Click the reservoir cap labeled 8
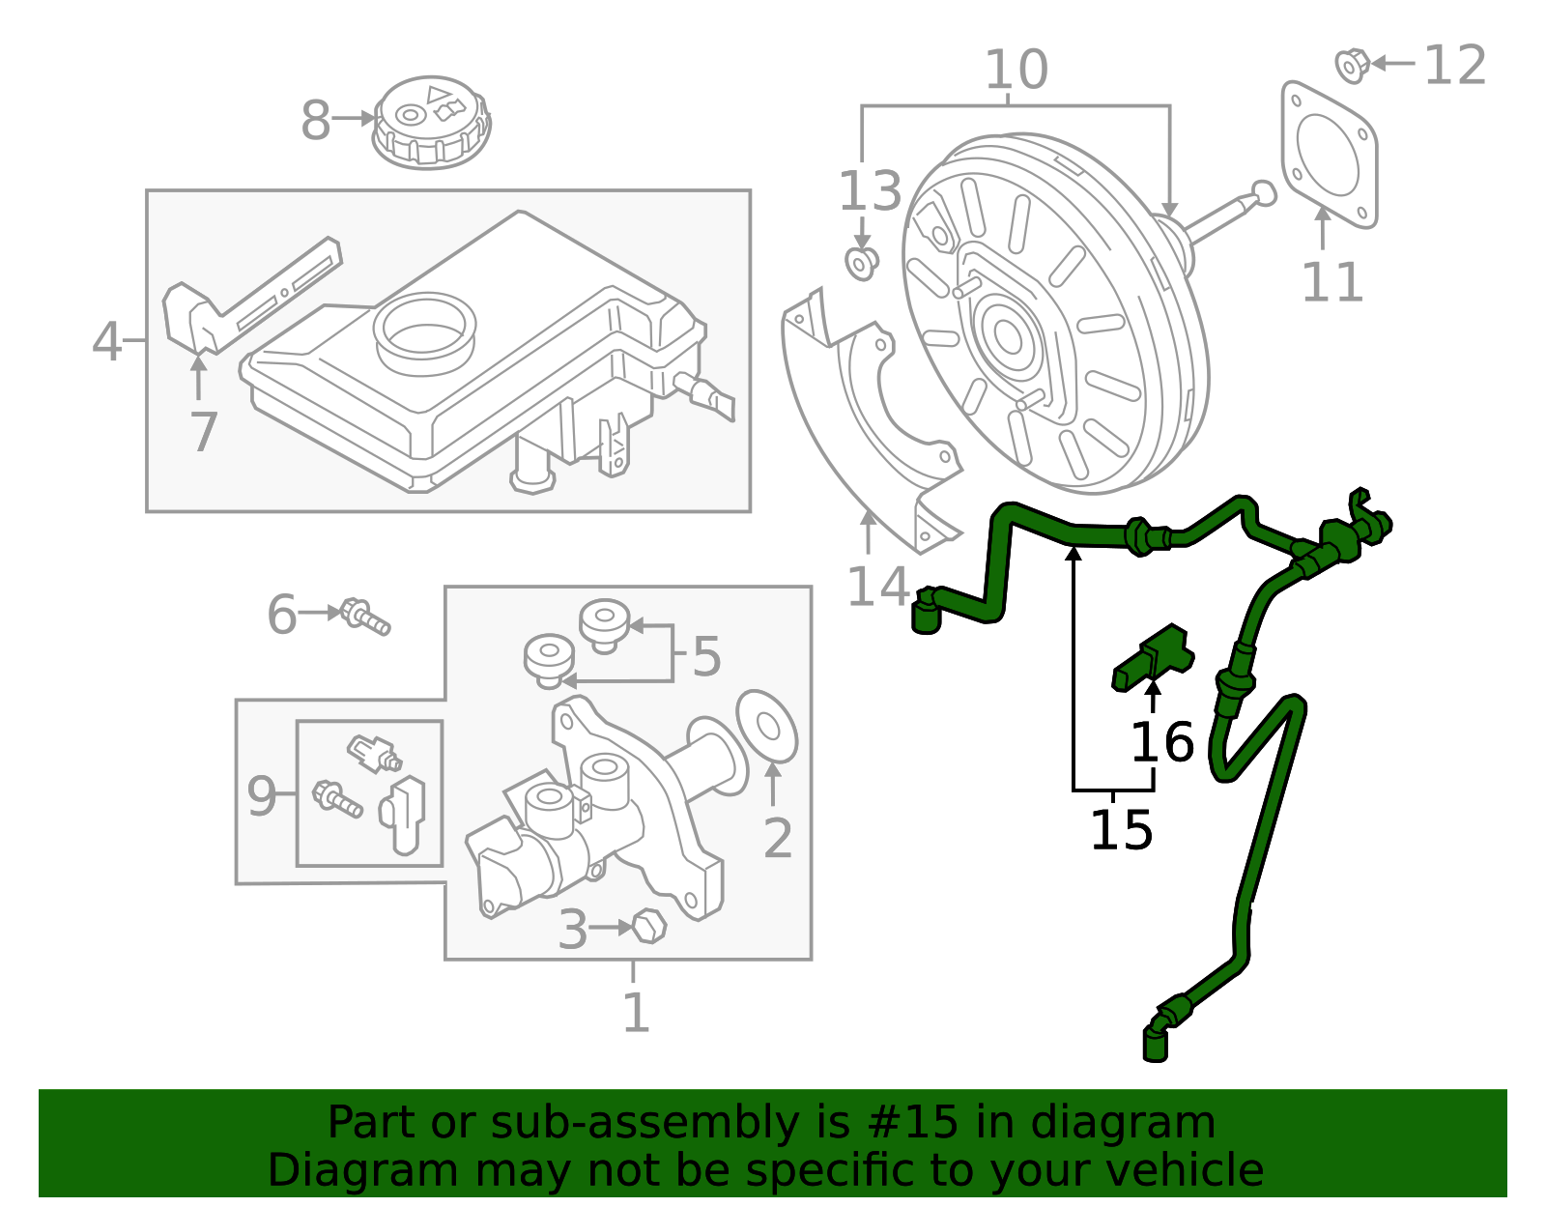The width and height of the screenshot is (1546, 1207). click(x=431, y=122)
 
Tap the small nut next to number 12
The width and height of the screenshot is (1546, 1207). click(x=1351, y=65)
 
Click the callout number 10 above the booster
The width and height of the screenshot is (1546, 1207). click(x=1016, y=70)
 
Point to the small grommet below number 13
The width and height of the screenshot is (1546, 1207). click(x=860, y=262)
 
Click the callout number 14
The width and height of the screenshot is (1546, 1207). click(x=877, y=587)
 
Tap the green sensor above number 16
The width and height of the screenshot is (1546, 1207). click(x=1154, y=656)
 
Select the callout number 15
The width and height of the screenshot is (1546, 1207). click(x=1121, y=830)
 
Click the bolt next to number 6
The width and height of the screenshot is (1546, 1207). click(x=365, y=616)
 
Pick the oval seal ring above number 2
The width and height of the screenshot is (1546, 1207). click(x=767, y=726)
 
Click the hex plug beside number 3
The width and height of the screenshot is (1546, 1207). click(x=649, y=926)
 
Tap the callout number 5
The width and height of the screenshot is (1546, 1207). click(x=706, y=657)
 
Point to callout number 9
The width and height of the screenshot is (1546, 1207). click(x=261, y=796)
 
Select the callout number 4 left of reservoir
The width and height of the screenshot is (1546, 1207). click(x=106, y=341)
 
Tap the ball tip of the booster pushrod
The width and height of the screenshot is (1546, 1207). click(x=1264, y=193)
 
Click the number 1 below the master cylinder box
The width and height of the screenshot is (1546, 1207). click(x=635, y=1014)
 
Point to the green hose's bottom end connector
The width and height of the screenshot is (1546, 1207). click(x=1155, y=1043)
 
